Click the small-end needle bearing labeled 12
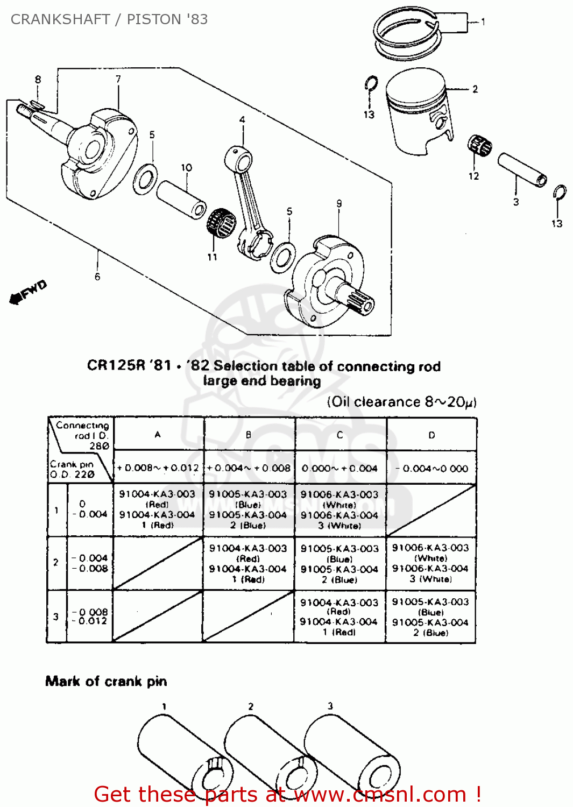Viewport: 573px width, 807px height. pyautogui.click(x=480, y=146)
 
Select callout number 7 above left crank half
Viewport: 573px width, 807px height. pyautogui.click(x=118, y=79)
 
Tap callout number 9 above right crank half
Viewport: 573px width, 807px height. pyautogui.click(x=339, y=204)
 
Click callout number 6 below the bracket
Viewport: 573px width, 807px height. pyautogui.click(x=97, y=277)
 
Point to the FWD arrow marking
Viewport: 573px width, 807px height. pyautogui.click(x=29, y=292)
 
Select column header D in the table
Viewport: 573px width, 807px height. pyautogui.click(x=431, y=435)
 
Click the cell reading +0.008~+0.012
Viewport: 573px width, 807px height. pyautogui.click(x=158, y=468)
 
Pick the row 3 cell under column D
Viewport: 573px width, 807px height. pyautogui.click(x=430, y=617)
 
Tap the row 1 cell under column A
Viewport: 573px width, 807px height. pyautogui.click(x=157, y=509)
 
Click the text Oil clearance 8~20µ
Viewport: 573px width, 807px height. pyautogui.click(x=401, y=402)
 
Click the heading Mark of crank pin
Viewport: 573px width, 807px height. pyautogui.click(x=106, y=681)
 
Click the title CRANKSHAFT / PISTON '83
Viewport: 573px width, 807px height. pyautogui.click(x=109, y=19)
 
